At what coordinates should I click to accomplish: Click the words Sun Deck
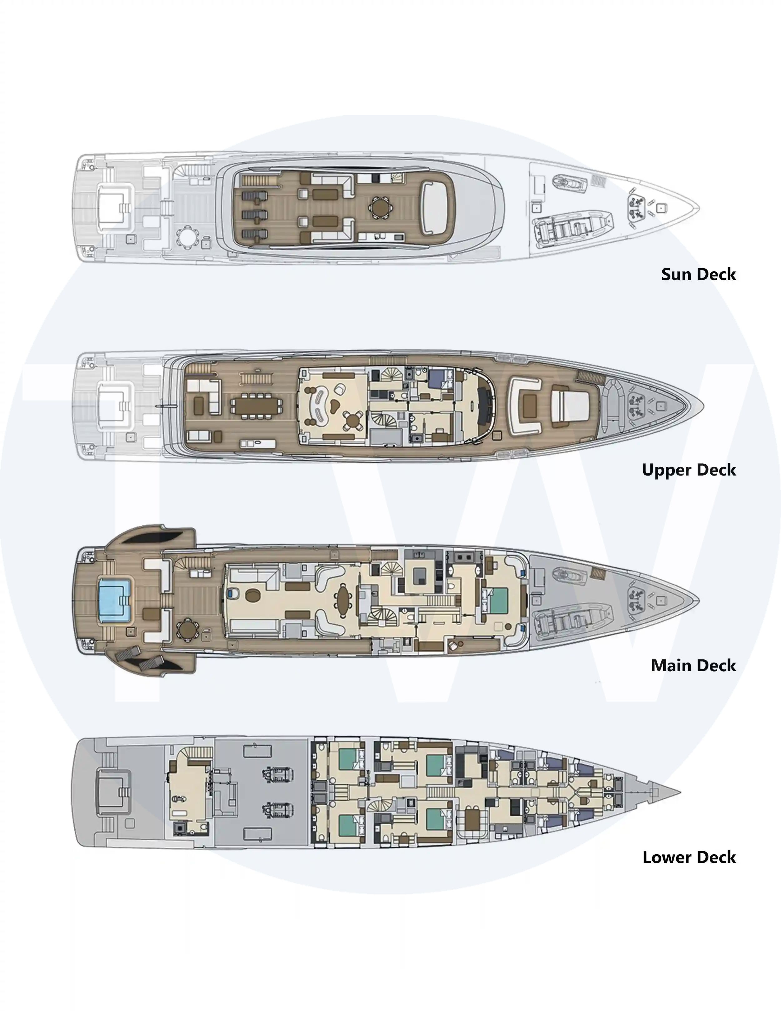pyautogui.click(x=698, y=274)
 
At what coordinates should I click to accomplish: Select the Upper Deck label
pyautogui.click(x=689, y=470)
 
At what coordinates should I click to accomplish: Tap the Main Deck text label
pyautogui.click(x=694, y=666)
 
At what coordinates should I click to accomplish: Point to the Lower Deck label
pyautogui.click(x=689, y=857)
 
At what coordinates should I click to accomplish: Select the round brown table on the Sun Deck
pyautogui.click(x=380, y=208)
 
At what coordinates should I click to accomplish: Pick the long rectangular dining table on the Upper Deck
pyautogui.click(x=256, y=406)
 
